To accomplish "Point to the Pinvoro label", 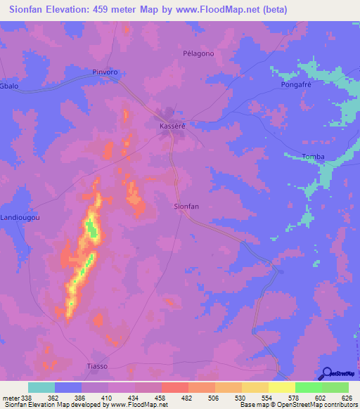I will (x=108, y=72).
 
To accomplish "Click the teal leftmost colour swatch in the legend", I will (x=41, y=387).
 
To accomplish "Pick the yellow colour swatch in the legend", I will (x=281, y=387).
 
